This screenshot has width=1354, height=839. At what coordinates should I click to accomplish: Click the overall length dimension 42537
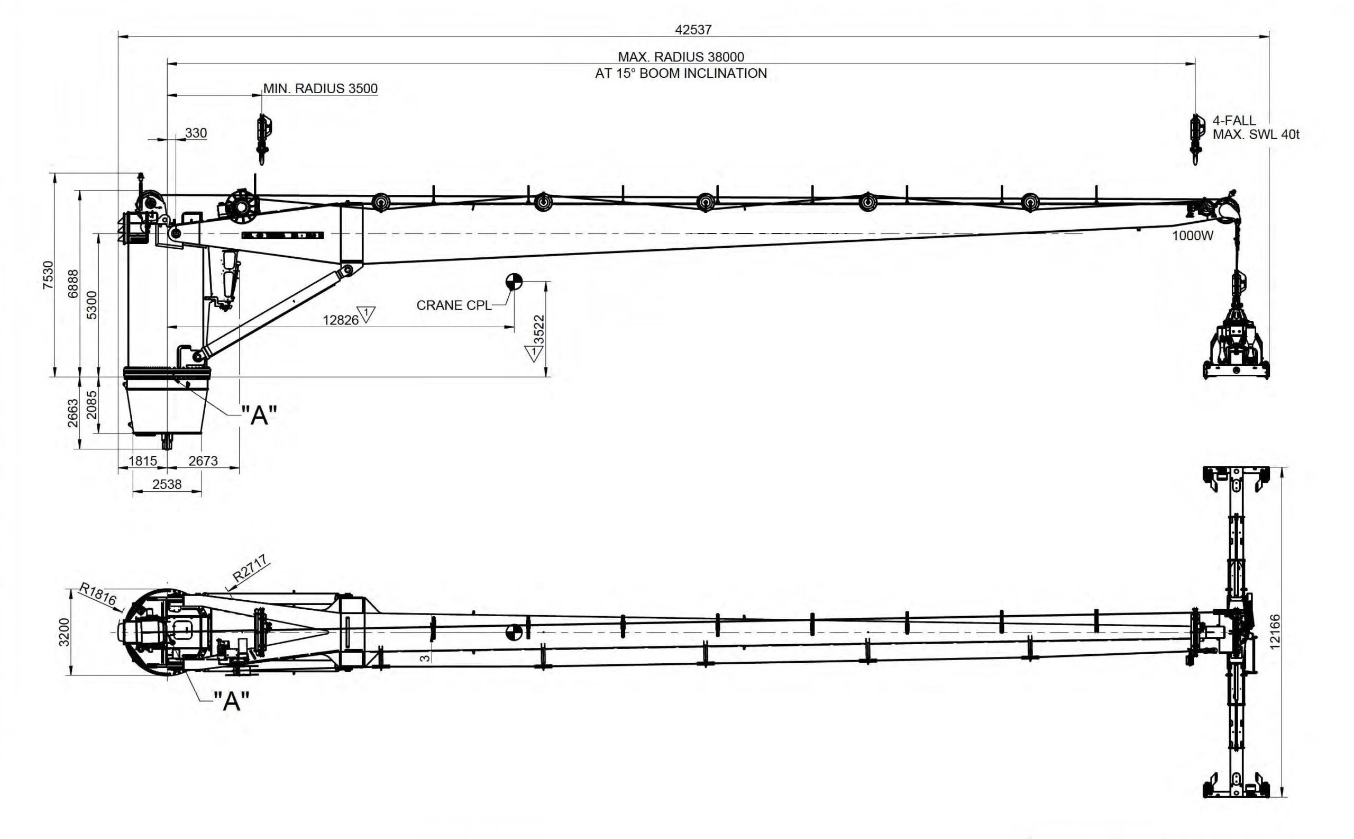coord(693,30)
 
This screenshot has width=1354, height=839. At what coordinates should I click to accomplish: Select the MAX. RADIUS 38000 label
coord(681,57)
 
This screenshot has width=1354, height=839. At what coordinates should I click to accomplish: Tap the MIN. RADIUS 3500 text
coord(321,88)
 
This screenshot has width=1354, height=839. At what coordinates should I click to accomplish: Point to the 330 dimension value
coord(196,133)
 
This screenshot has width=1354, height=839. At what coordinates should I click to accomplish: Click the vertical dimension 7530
coord(49,275)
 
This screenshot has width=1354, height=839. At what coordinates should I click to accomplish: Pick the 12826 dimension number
coord(341,320)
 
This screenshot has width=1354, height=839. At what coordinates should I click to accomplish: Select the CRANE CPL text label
coord(454,305)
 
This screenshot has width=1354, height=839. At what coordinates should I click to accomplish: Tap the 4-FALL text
coord(1234,120)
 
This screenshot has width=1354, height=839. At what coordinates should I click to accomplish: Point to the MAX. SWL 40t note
coord(1256,134)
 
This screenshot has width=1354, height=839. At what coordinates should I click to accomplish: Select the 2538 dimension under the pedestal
coord(167,484)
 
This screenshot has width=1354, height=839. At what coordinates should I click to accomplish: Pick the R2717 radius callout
coord(251,569)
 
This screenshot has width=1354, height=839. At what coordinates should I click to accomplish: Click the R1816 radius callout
coord(98,594)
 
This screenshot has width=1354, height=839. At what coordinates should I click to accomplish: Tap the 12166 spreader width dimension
coord(1275,631)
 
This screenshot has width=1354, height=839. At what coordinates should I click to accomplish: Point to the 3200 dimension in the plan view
coord(65,632)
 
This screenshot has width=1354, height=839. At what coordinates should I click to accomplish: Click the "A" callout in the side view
coord(259,414)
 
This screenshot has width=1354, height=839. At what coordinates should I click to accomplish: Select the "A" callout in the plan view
coord(231,701)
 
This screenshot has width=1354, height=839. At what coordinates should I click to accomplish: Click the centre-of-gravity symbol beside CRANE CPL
coord(514,282)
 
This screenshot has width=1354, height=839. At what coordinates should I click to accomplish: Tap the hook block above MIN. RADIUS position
coord(262,139)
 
